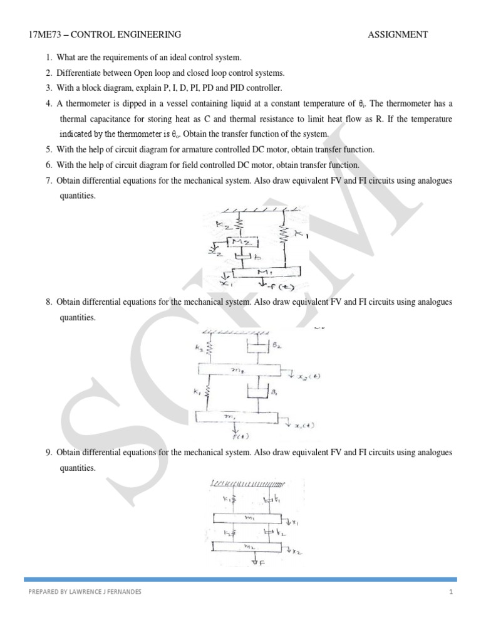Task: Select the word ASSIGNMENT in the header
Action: (x=398, y=34)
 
